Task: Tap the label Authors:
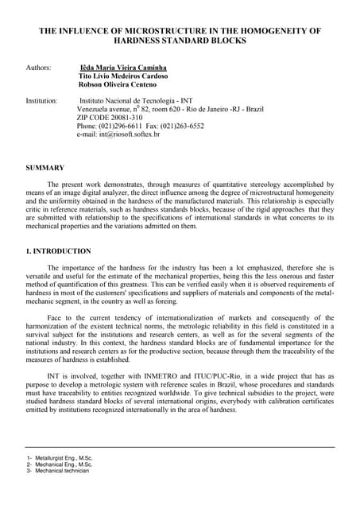38,68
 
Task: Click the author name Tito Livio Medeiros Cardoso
123,76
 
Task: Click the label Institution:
41,101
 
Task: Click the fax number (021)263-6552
185,126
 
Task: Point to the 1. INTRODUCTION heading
59,251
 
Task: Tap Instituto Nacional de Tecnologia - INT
141,101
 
